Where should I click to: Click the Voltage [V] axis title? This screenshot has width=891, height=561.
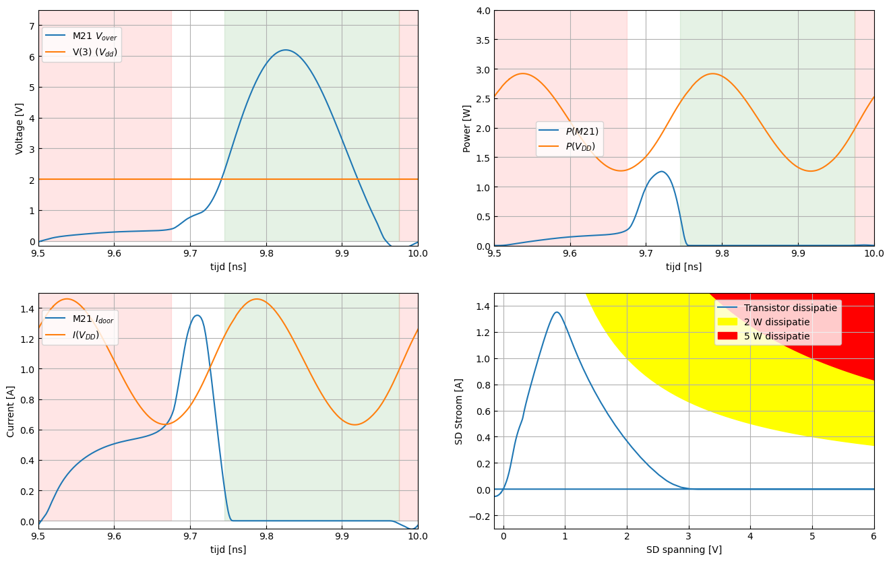click(x=20, y=128)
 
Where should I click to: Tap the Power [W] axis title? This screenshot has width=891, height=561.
click(x=467, y=128)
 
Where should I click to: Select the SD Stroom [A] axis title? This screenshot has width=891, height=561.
click(x=459, y=411)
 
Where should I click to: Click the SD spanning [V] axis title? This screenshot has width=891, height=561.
click(x=683, y=550)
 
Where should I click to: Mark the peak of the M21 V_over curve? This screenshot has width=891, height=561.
click(x=286, y=50)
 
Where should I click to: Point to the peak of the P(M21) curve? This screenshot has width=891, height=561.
click(x=662, y=172)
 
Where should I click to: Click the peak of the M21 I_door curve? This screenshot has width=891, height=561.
click(x=197, y=315)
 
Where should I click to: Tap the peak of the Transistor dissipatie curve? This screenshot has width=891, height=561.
click(x=557, y=312)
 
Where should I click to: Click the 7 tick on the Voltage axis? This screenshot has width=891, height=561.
click(x=31, y=26)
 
